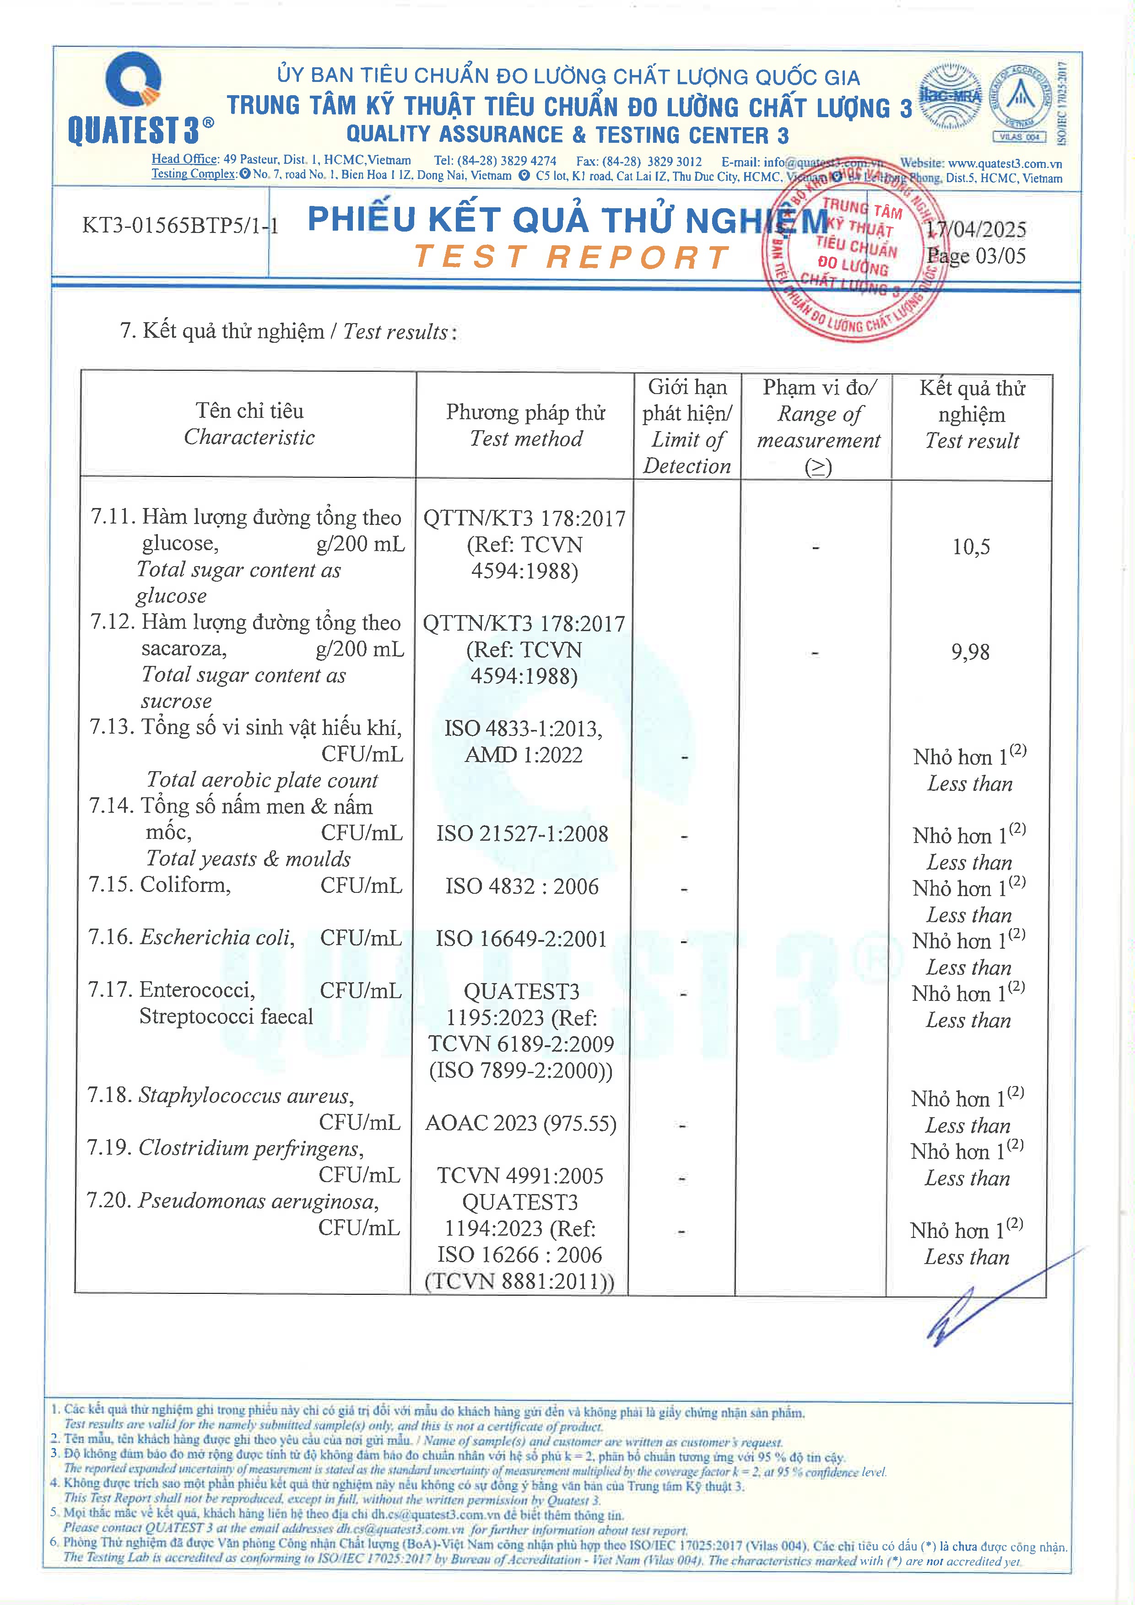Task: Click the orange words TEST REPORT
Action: click(x=572, y=257)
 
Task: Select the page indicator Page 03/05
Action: click(x=976, y=256)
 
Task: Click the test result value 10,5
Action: click(x=971, y=546)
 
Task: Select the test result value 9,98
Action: click(x=970, y=652)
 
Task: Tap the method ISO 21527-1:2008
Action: click(x=522, y=833)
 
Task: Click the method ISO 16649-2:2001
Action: click(x=521, y=939)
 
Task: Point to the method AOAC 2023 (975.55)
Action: click(x=521, y=1124)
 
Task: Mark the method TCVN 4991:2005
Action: click(x=520, y=1176)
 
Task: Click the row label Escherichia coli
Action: click(x=216, y=937)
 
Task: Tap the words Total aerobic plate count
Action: click(x=262, y=780)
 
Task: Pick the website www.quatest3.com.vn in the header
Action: click(x=1004, y=163)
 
